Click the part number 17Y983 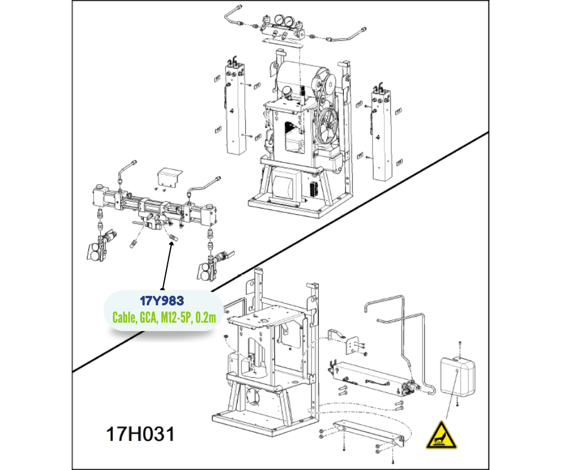(162, 301)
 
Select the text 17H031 (140, 434)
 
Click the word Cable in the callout (124, 317)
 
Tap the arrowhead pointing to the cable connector (171, 245)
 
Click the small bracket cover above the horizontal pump (170, 177)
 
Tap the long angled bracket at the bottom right (368, 434)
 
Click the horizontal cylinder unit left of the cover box (372, 380)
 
